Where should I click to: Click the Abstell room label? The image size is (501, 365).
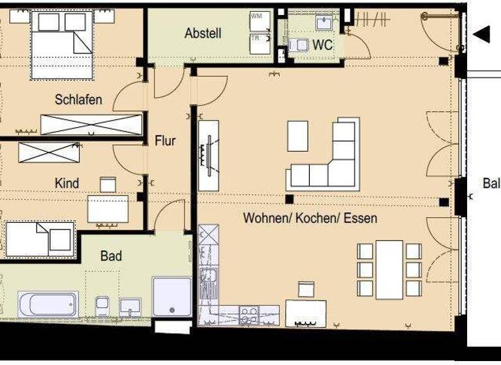pyautogui.click(x=203, y=33)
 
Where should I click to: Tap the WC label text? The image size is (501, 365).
pyautogui.click(x=323, y=45)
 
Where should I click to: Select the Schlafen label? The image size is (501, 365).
pyautogui.click(x=78, y=100)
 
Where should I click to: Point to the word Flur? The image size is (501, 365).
pyautogui.click(x=165, y=140)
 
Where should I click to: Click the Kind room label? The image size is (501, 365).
pyautogui.click(x=67, y=183)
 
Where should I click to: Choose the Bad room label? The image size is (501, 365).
pyautogui.click(x=111, y=256)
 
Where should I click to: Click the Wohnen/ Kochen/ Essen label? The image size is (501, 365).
pyautogui.click(x=310, y=218)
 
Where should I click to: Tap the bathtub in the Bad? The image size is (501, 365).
pyautogui.click(x=48, y=304)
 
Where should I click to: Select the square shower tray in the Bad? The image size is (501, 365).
pyautogui.click(x=172, y=297)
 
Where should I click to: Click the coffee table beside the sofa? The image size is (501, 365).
pyautogui.click(x=297, y=136)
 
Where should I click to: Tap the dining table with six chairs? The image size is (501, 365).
pyautogui.click(x=389, y=269)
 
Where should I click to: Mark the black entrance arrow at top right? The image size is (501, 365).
pyautogui.click(x=481, y=35)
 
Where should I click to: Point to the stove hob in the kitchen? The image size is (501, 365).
pyautogui.click(x=249, y=315)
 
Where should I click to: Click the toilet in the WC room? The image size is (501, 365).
pyautogui.click(x=299, y=45)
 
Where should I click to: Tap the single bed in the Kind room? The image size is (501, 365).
pyautogui.click(x=39, y=239)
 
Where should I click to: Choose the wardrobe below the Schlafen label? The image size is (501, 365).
pyautogui.click(x=91, y=124)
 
